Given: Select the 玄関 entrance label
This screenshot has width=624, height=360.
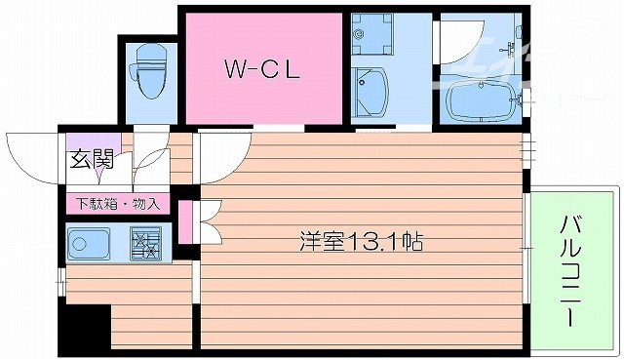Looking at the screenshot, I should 89,159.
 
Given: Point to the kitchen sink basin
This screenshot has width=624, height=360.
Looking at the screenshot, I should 91,244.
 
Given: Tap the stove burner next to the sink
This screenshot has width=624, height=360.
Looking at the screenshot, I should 146,243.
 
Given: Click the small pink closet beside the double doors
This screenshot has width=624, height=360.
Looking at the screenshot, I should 184,220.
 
